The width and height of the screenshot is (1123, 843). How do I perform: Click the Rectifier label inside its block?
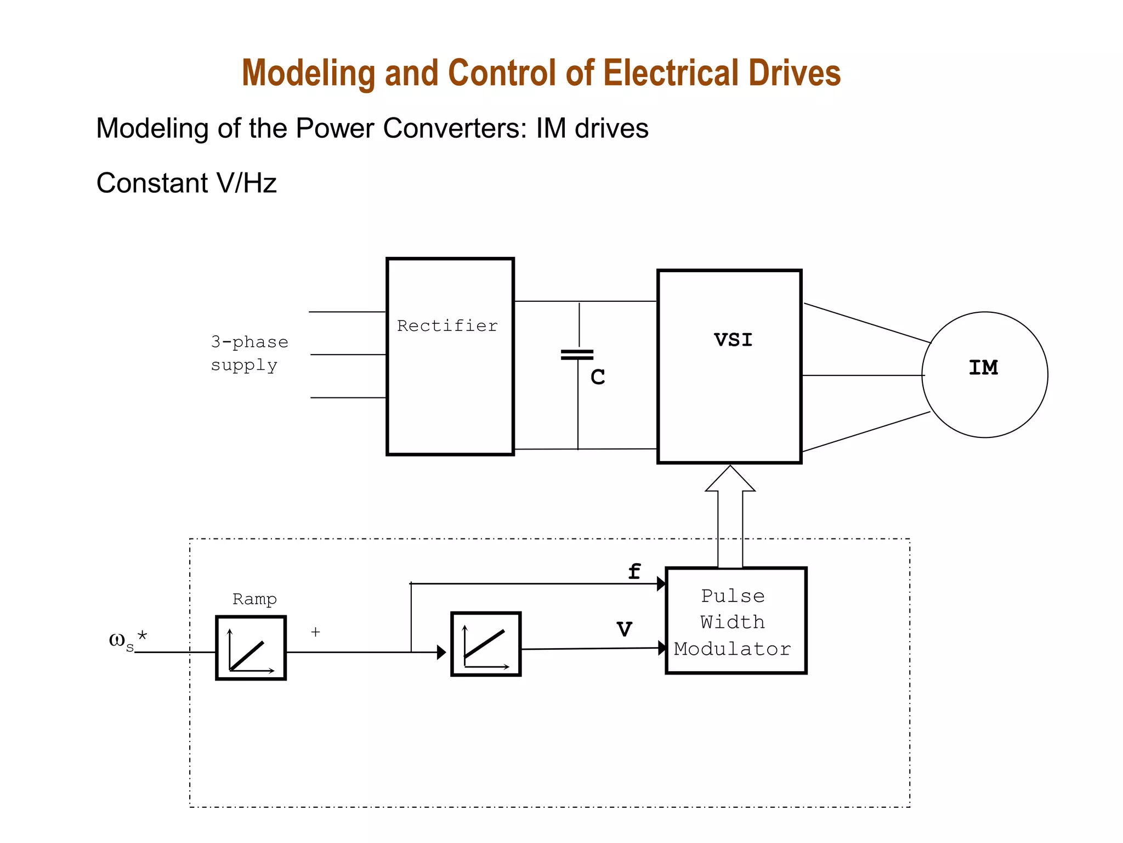coord(447,326)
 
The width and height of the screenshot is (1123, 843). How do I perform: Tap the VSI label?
coord(733,340)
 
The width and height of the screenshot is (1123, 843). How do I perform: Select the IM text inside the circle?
coord(983,368)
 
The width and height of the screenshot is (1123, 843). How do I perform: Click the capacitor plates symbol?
coord(577,355)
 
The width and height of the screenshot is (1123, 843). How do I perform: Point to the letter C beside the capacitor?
coord(598,378)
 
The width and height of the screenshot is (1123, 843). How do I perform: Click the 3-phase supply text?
coord(249,353)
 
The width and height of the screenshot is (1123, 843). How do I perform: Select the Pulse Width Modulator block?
coord(735,620)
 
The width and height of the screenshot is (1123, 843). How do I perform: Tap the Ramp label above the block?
coord(254,599)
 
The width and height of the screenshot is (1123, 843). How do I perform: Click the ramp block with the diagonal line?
coord(251,648)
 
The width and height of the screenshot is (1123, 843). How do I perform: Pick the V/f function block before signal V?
coord(485,644)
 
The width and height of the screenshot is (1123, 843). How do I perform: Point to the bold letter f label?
coord(634,572)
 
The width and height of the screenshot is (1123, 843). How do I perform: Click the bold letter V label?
coord(624,629)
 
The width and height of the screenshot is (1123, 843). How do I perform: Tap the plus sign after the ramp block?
coord(315,632)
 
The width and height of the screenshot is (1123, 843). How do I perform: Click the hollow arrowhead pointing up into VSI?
coord(730,479)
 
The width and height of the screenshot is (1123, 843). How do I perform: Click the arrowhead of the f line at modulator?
coord(661,584)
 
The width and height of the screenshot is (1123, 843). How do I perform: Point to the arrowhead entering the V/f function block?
coord(441,653)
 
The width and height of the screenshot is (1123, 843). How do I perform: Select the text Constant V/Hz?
coord(186,183)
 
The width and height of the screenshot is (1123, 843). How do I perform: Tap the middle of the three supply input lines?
coord(348,355)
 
